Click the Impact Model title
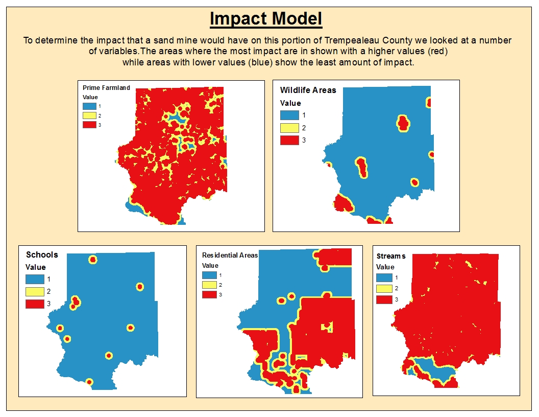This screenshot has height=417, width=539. [266, 19]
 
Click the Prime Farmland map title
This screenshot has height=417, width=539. [106, 88]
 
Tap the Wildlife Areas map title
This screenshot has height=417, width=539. [308, 90]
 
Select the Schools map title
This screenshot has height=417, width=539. [42, 254]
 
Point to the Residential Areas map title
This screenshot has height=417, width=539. [230, 255]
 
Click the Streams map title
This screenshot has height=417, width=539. [391, 256]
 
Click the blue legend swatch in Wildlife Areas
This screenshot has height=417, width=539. [289, 115]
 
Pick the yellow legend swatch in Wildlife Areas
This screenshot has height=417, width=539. [289, 128]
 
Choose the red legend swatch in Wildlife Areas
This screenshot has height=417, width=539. [289, 140]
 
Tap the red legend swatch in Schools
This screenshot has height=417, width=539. [35, 304]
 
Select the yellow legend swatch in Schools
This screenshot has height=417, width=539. [35, 292]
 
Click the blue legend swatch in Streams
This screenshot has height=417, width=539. [384, 277]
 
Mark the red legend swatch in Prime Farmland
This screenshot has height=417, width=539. [88, 125]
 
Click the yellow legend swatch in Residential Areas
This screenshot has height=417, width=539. [210, 285]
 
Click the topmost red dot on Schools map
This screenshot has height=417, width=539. [92, 260]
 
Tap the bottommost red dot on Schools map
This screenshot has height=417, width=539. [89, 382]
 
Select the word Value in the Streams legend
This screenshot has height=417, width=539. [385, 267]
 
